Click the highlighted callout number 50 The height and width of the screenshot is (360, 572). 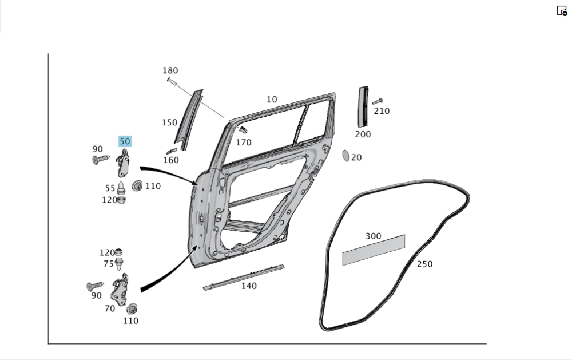[125, 141]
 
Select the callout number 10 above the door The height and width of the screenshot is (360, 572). [272, 100]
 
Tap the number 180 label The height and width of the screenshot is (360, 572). [170, 70]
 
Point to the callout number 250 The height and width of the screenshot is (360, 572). [424, 264]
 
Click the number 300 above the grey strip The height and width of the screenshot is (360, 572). [373, 236]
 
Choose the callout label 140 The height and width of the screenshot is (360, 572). [249, 286]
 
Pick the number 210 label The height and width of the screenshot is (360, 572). [382, 111]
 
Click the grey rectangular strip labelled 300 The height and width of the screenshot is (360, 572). [374, 250]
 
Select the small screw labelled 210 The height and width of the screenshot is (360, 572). [376, 101]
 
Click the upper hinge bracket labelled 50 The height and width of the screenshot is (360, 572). [124, 164]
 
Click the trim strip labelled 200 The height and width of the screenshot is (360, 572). [363, 107]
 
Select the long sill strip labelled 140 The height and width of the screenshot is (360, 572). [244, 276]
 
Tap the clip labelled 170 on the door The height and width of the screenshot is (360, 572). [242, 129]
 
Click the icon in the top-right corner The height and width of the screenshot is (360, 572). [562, 10]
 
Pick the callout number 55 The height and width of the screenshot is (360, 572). [110, 188]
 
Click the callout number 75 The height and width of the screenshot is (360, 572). [109, 264]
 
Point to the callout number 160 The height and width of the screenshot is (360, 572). [170, 160]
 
